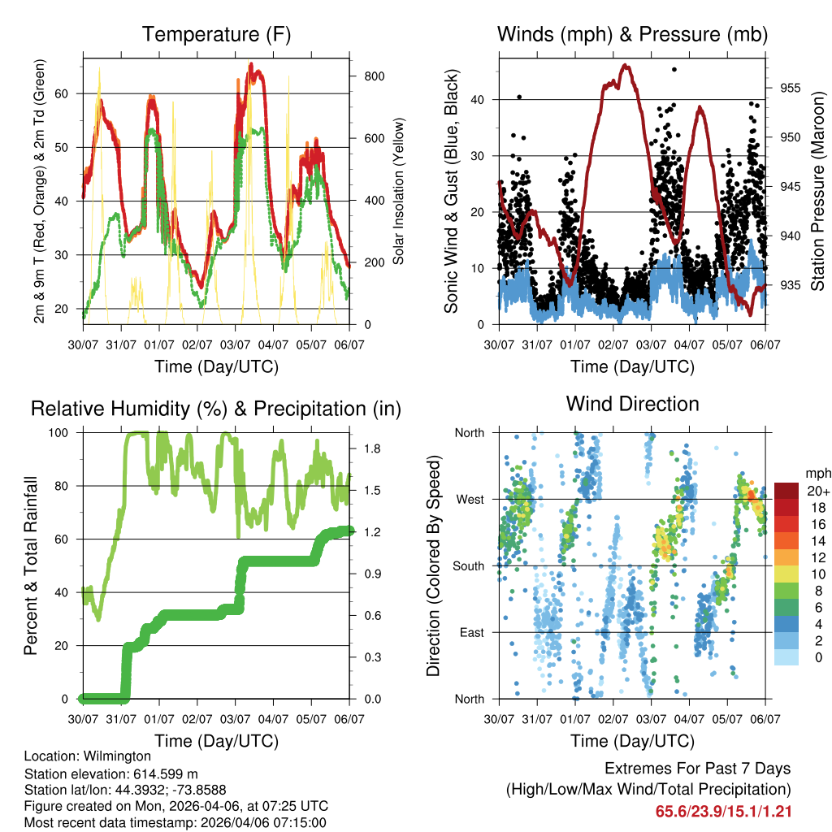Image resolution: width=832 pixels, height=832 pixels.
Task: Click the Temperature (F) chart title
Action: tap(216, 34)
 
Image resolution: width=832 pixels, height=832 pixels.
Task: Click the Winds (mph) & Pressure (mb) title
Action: tap(632, 34)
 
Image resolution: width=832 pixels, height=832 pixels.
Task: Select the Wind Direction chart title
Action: tap(632, 403)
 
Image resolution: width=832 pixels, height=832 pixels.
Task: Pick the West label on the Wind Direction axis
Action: tap(470, 499)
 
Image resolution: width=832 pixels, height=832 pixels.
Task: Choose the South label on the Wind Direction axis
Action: tap(468, 565)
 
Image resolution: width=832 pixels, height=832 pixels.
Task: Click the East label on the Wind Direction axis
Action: tap(471, 632)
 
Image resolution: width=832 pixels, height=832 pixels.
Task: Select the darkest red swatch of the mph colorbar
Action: tap(786, 490)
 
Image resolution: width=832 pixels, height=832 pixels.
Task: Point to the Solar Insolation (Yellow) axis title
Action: tap(399, 191)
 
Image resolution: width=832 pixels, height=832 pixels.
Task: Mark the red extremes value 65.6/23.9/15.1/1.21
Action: tap(723, 811)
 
